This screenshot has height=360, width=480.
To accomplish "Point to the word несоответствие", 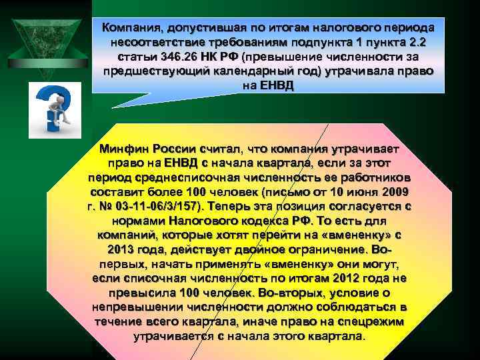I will [154, 43].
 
